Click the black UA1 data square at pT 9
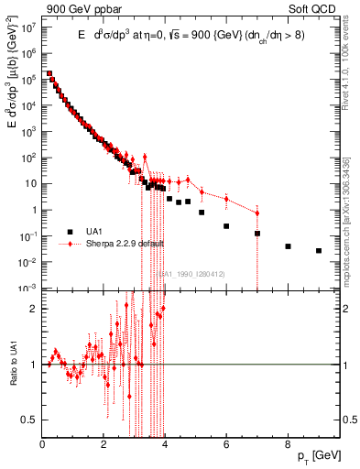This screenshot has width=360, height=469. pyautogui.click(x=319, y=250)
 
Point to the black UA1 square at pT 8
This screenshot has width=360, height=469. pyautogui.click(x=288, y=246)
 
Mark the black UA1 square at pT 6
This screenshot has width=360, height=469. pyautogui.click(x=226, y=225)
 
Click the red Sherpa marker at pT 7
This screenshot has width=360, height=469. pyautogui.click(x=257, y=213)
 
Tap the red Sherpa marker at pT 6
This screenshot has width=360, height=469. pyautogui.click(x=226, y=197)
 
